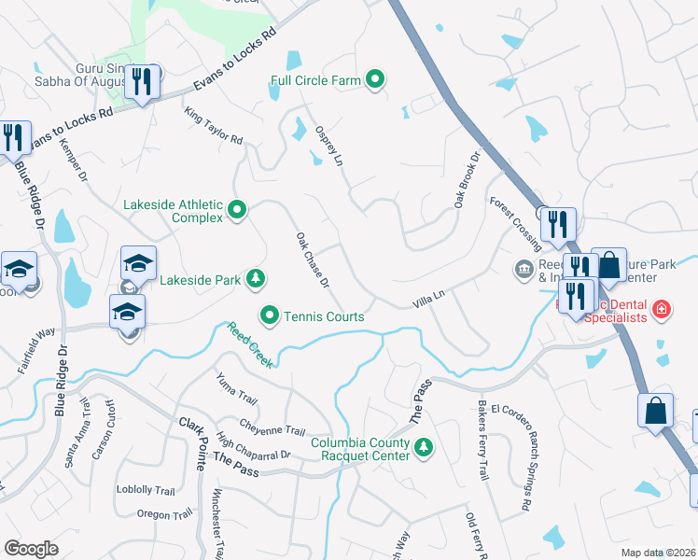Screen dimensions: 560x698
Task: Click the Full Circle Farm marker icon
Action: click(x=375, y=80)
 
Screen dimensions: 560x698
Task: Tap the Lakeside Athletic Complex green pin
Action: click(x=237, y=211)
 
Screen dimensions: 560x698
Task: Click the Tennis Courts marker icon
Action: click(x=270, y=316)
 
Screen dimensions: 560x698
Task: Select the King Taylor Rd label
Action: click(x=214, y=126)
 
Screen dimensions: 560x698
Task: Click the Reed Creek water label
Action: click(x=249, y=344)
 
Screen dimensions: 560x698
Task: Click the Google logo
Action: click(x=31, y=549)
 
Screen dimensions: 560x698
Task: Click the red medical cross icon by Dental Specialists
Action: click(x=662, y=308)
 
